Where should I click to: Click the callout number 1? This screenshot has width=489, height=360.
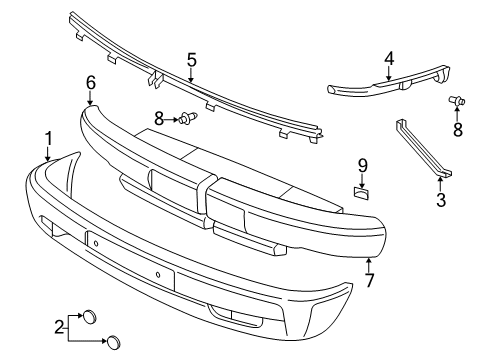tap(49, 138)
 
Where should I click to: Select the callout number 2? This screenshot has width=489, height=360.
tap(59, 327)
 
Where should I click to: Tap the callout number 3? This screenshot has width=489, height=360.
tap(441, 200)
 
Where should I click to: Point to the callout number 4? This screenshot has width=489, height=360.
tap(389, 59)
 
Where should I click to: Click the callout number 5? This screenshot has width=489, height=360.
tap(192, 60)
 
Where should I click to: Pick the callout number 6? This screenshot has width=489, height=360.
tap(91, 82)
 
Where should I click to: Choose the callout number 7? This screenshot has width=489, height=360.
tap(370, 280)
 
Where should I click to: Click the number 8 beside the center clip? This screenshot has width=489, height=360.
tap(159, 119)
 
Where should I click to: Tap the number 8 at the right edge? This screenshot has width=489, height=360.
tap(458, 130)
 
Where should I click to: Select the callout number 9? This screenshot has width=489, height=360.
tap(362, 166)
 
